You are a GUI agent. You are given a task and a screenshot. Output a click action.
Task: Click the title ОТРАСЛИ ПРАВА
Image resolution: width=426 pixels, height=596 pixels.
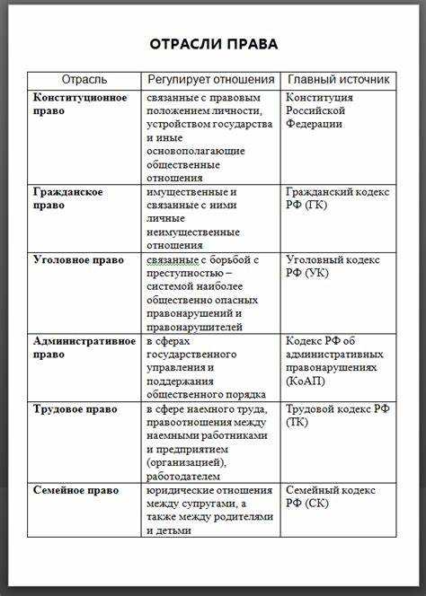[213, 43]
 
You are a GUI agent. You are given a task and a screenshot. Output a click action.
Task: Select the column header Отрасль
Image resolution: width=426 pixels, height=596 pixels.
[84, 80]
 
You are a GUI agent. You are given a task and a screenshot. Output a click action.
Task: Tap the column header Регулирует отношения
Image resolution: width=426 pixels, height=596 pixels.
[211, 80]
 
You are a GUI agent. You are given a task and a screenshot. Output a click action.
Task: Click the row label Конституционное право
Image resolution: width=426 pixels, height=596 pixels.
[80, 104]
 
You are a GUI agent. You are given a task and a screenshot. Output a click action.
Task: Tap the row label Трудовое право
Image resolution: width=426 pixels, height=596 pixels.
[75, 409]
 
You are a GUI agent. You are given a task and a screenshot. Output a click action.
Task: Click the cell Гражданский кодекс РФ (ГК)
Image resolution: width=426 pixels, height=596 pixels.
[337, 198]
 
